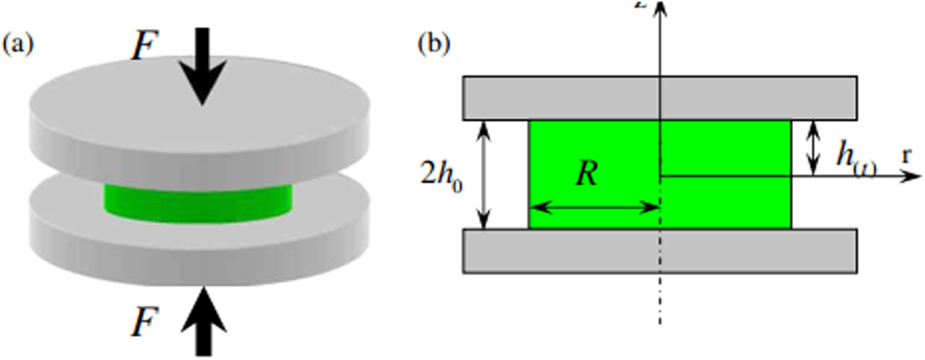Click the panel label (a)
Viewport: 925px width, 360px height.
(x=18, y=45)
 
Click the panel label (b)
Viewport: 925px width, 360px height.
(x=434, y=45)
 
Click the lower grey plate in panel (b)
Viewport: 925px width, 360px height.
(x=659, y=250)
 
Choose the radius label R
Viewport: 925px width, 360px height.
(x=586, y=175)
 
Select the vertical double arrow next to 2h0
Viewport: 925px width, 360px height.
(x=485, y=174)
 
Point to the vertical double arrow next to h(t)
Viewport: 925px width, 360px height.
(x=814, y=148)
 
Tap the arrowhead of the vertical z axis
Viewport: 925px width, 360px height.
(x=660, y=7)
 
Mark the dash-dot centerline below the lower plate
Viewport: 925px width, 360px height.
(x=660, y=299)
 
